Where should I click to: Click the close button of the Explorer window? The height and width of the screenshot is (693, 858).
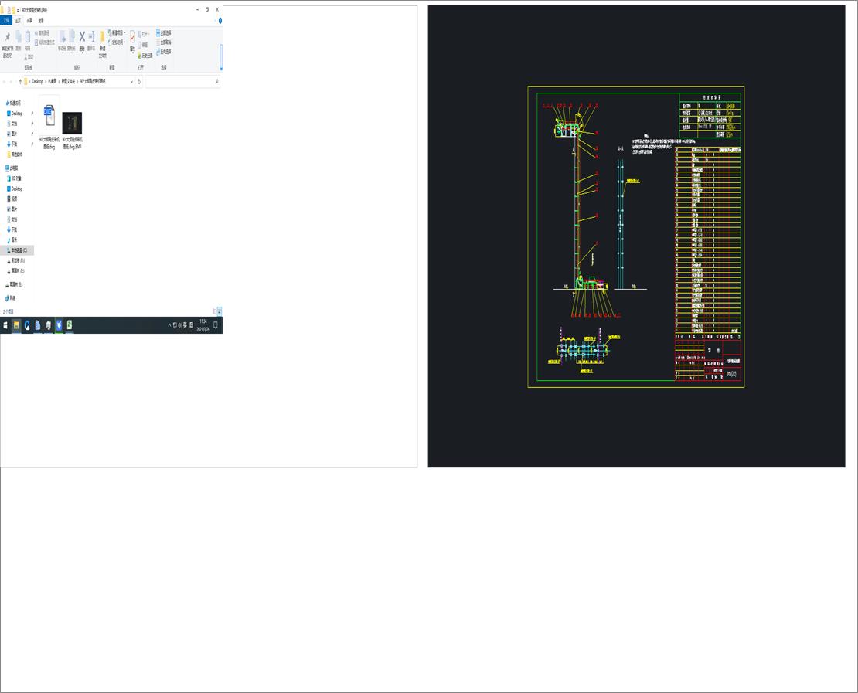coord(217,9)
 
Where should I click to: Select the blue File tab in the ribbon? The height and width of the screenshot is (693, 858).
coord(7,20)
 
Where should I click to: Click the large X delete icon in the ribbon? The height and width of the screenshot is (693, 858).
coord(82,37)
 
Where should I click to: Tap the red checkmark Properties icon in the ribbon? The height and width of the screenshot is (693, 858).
coord(132,37)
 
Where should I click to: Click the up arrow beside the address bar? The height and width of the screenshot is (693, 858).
coord(20,81)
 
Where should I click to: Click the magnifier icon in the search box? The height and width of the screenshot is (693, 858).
coord(216,81)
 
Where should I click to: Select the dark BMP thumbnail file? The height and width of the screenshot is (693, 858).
coord(72,124)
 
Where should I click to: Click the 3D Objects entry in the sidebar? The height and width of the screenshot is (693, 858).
coord(15,178)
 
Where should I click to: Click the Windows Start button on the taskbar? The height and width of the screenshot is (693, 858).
coord(5,325)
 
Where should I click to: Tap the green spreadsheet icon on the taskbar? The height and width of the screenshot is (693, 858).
coord(70,325)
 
